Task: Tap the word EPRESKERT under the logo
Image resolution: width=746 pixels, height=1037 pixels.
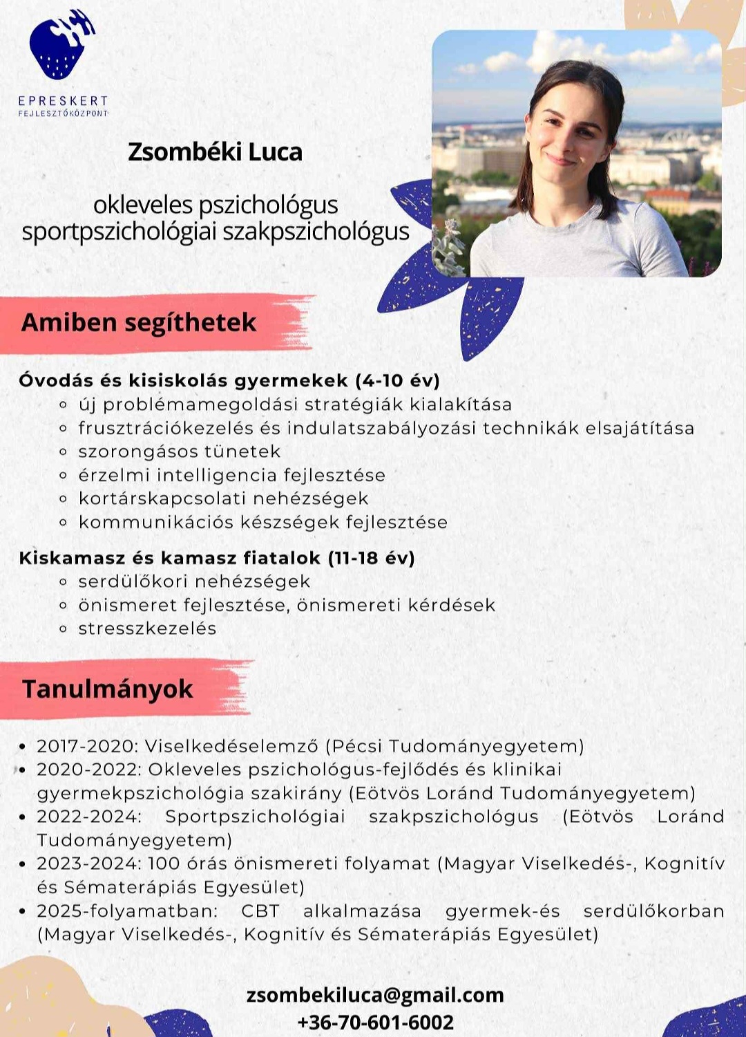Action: pyautogui.click(x=63, y=101)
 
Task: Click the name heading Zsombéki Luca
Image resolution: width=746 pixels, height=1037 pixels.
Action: pyautogui.click(x=215, y=152)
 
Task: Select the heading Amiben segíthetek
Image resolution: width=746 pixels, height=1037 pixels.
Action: pyautogui.click(x=139, y=323)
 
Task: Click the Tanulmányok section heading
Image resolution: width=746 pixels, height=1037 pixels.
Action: pyautogui.click(x=107, y=689)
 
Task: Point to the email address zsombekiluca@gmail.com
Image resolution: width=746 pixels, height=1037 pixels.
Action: pyautogui.click(x=375, y=995)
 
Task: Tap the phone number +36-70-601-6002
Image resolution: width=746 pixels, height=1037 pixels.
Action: pyautogui.click(x=375, y=1022)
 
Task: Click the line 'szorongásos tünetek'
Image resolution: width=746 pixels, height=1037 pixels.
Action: pyautogui.click(x=179, y=451)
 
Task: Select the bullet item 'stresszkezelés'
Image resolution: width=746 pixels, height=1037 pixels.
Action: pyautogui.click(x=147, y=628)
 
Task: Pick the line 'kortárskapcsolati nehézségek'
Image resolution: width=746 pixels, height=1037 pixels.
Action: pyautogui.click(x=223, y=498)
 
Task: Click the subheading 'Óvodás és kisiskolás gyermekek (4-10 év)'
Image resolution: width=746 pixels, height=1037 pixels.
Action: pyautogui.click(x=229, y=380)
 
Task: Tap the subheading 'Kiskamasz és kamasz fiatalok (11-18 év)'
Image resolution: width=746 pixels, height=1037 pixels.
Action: pyautogui.click(x=217, y=558)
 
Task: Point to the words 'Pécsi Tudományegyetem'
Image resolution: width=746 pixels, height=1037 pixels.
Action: pyautogui.click(x=455, y=746)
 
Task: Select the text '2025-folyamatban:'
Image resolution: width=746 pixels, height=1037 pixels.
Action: pyautogui.click(x=127, y=911)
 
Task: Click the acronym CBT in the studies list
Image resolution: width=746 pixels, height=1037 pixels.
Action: pyautogui.click(x=260, y=911)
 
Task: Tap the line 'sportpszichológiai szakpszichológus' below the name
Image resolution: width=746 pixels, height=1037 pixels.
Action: pyautogui.click(x=216, y=232)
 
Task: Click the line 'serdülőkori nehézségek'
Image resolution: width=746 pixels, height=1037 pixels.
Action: pyautogui.click(x=194, y=581)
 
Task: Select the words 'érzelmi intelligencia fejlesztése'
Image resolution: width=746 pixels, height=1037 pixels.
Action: pyautogui.click(x=231, y=475)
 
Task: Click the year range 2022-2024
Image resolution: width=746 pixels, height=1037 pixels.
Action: pyautogui.click(x=88, y=816)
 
